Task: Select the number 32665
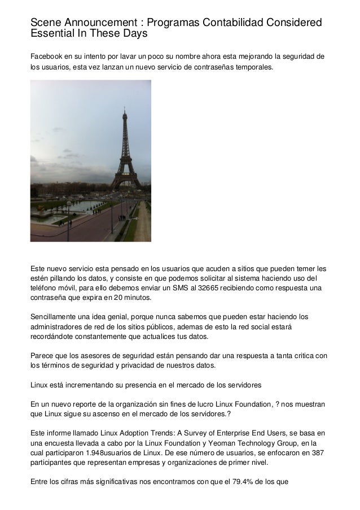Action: click(203, 288)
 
